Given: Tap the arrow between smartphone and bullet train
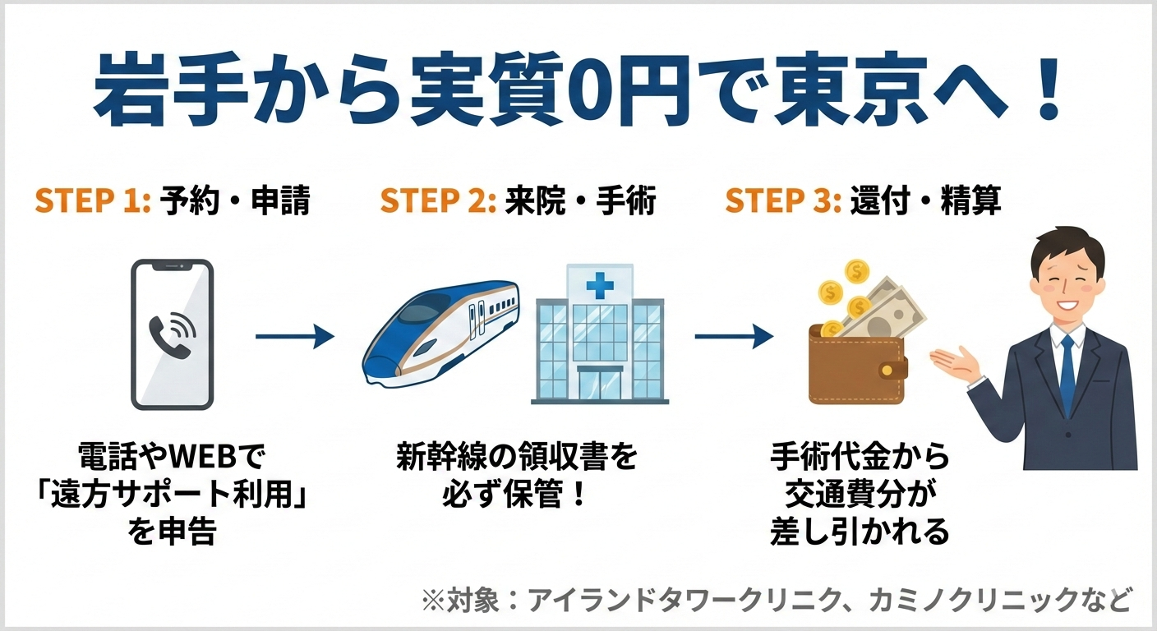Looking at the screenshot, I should [294, 336].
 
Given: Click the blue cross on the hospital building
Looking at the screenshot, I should [599, 285].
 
